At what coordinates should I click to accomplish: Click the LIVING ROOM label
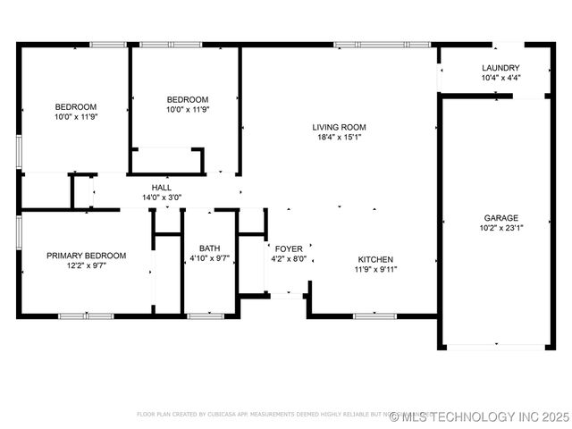pos(339,127)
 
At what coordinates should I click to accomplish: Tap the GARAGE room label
pos(501,218)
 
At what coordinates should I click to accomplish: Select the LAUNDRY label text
pos(500,68)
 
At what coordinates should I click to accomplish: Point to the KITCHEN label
pos(376,259)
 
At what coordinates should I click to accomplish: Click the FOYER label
pos(289,248)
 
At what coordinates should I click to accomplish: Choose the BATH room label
pos(210,248)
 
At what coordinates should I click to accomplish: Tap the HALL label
pos(162,188)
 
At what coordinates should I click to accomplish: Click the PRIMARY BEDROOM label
pos(87,256)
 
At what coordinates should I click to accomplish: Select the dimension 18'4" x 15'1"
pos(339,138)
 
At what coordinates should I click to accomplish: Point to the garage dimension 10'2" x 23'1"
pos(501,228)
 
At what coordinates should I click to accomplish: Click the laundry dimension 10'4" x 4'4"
pos(500,78)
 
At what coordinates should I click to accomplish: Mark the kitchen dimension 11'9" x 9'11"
pos(376,269)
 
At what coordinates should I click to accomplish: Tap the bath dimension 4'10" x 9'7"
pos(210,258)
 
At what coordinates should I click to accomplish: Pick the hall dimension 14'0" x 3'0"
pos(162,198)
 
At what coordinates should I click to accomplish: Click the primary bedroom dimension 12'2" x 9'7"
pos(87,265)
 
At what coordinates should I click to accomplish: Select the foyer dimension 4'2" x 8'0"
pos(289,259)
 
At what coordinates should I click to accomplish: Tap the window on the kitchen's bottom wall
pos(375,315)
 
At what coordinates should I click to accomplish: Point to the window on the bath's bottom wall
pos(206,315)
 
